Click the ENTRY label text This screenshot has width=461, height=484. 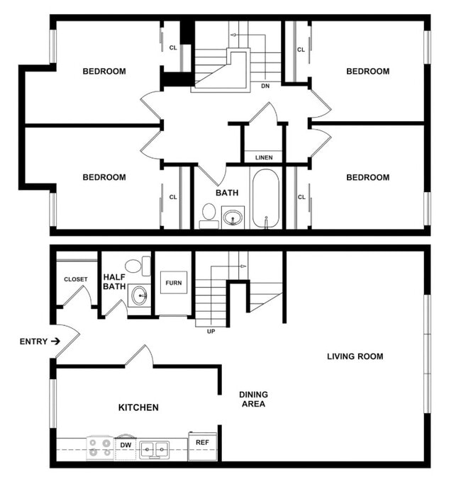(33, 342)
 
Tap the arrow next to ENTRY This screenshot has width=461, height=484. (55, 342)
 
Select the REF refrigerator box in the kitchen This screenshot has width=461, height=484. (201, 443)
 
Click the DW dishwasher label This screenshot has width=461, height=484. (125, 446)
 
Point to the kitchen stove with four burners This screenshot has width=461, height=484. (99, 447)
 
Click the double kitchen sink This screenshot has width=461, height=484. (154, 448)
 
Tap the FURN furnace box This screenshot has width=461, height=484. (174, 283)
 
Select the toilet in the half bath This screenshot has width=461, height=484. (146, 266)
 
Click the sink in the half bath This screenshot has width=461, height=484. (140, 295)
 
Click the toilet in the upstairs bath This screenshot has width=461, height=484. (209, 215)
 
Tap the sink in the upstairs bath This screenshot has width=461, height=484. (233, 216)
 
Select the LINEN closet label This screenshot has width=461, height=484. (264, 157)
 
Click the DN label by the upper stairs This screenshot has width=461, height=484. (265, 86)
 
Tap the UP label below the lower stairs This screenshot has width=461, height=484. (210, 331)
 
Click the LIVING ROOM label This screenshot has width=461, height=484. (355, 356)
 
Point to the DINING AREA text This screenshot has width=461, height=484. (253, 399)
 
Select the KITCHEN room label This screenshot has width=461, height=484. (138, 407)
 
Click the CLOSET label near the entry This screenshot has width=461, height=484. (76, 279)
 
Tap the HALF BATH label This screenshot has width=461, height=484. (114, 281)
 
